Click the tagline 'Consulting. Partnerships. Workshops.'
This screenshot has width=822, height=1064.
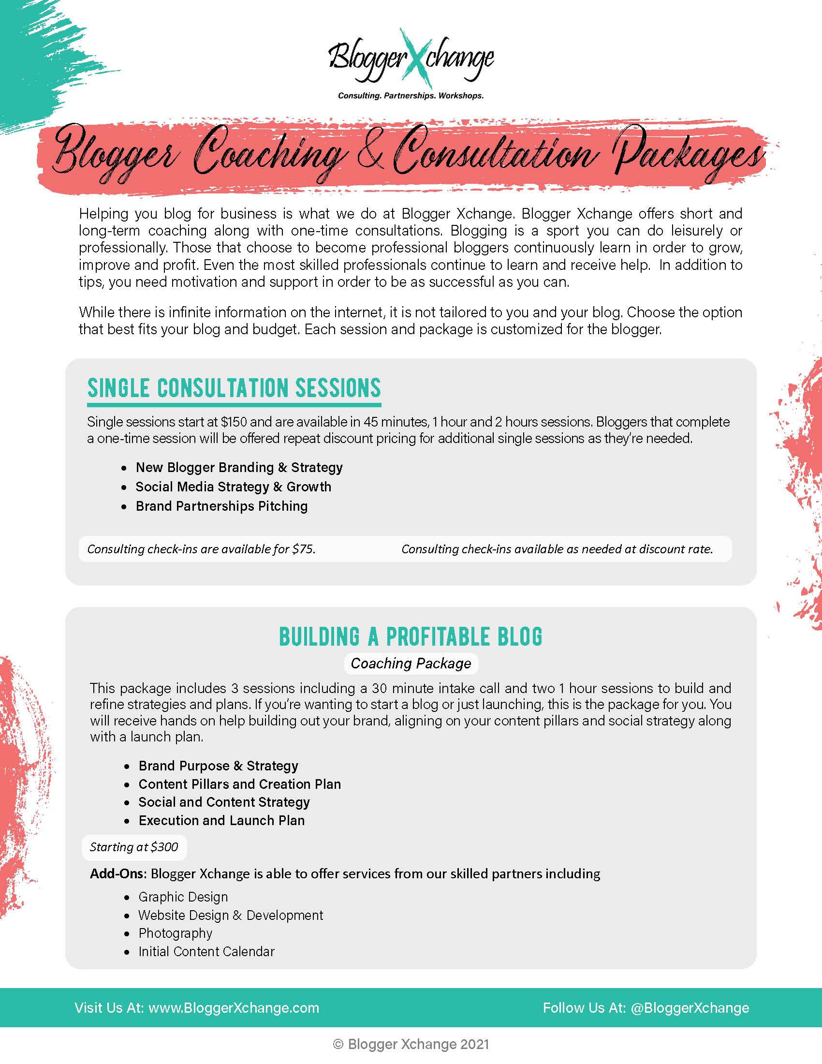coord(411,96)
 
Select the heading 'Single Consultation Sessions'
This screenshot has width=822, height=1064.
coord(234,388)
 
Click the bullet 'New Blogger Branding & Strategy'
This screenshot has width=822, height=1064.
coord(238,468)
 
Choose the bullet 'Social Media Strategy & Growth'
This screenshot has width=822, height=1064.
coord(233,487)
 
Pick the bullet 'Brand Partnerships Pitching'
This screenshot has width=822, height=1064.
coord(221,507)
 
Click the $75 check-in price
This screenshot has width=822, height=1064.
coord(303,549)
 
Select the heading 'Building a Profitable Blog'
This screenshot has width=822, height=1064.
coord(411,637)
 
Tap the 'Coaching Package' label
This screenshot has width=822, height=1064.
coord(411,664)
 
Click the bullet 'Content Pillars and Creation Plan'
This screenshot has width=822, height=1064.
coord(239,784)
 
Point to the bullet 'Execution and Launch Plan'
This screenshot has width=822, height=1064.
coord(221,821)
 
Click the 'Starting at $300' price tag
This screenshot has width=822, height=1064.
coord(134,847)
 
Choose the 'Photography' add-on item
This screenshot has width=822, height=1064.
coord(176,933)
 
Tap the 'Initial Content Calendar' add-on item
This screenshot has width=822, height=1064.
coord(206,952)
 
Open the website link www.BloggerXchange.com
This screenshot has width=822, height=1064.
coord(234,1008)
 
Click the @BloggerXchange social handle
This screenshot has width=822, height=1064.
coord(690,1008)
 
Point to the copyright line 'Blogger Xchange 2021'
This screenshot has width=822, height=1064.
coord(418,1044)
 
